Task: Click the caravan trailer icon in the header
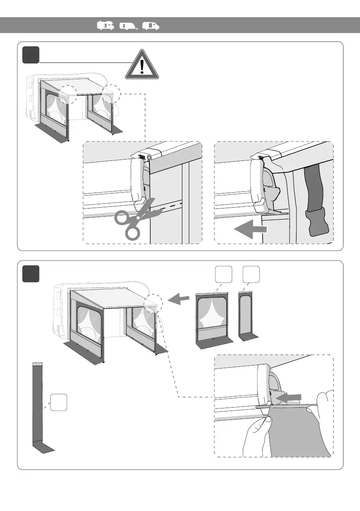pos(128,26)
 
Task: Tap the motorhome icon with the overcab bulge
pos(106,26)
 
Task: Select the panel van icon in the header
pos(151,26)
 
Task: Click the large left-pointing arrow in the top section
pos(250,230)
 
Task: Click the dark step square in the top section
pos(31,54)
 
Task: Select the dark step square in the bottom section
pos(31,274)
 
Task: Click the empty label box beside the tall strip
pos(58,402)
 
